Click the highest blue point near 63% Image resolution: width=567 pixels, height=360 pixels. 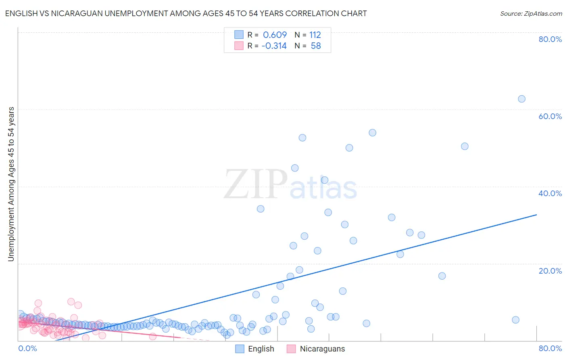pyautogui.click(x=521, y=99)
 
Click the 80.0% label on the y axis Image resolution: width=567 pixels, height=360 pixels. pyautogui.click(x=550, y=39)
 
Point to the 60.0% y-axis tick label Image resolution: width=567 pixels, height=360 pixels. pyautogui.click(x=550, y=116)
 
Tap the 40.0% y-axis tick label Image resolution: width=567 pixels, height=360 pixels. pyautogui.click(x=550, y=193)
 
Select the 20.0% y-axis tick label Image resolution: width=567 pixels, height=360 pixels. pyautogui.click(x=550, y=271)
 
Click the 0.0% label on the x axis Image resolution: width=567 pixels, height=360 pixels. pyautogui.click(x=27, y=348)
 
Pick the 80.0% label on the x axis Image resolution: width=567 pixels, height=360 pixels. pyautogui.click(x=550, y=348)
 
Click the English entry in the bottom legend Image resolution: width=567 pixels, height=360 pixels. pyautogui.click(x=261, y=349)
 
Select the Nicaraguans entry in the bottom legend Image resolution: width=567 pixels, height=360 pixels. pyautogui.click(x=322, y=349)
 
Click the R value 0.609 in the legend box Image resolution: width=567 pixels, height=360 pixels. pyautogui.click(x=275, y=35)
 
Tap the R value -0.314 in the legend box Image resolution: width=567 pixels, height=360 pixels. pyautogui.click(x=274, y=46)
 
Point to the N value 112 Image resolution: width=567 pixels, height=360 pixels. pyautogui.click(x=315, y=35)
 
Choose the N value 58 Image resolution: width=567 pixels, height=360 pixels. pyautogui.click(x=316, y=46)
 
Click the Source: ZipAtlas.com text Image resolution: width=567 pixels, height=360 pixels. pyautogui.click(x=531, y=13)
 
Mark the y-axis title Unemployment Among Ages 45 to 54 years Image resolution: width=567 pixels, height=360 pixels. pyautogui.click(x=11, y=184)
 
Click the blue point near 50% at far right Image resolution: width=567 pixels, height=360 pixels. pyautogui.click(x=465, y=147)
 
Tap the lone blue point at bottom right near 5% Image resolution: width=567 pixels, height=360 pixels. pyautogui.click(x=515, y=320)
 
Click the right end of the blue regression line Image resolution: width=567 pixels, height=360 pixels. pyautogui.click(x=536, y=215)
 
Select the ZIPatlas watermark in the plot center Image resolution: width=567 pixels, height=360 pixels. pyautogui.click(x=290, y=185)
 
